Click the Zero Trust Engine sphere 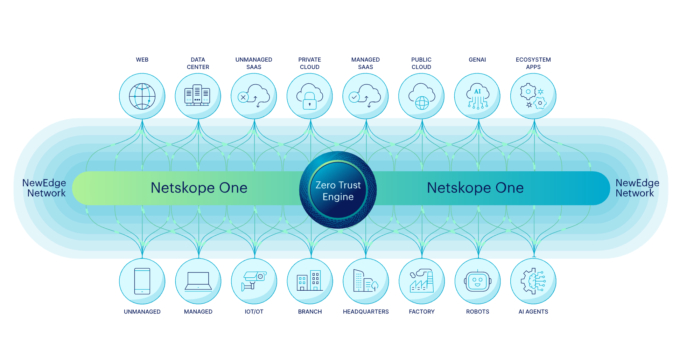(338, 190)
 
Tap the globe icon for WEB (142, 96)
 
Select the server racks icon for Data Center (197, 95)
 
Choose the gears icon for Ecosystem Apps (533, 96)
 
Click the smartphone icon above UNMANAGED (142, 281)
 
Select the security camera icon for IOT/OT (254, 281)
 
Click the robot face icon (477, 281)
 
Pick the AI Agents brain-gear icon (533, 281)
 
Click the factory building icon (422, 281)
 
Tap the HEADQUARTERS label (366, 312)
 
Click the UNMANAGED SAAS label (254, 63)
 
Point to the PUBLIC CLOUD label (421, 63)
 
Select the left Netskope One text (199, 188)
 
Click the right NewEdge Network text (637, 188)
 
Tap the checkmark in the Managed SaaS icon (354, 97)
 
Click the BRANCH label (310, 312)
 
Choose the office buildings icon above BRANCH (310, 281)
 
